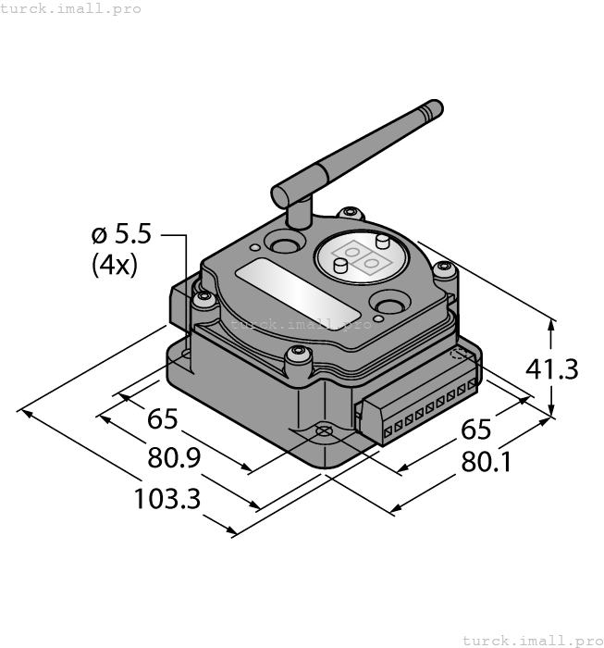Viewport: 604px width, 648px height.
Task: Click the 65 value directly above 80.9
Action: tap(163, 418)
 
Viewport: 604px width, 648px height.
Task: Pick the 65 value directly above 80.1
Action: tap(475, 430)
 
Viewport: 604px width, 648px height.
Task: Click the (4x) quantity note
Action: tap(114, 266)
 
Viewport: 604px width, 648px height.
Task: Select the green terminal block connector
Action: tap(418, 411)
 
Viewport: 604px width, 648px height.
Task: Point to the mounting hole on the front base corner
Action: tap(324, 431)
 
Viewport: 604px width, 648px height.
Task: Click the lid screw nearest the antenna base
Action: tap(348, 214)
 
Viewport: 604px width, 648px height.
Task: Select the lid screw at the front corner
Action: tap(297, 353)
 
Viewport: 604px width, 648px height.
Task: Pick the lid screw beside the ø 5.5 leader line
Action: tap(203, 298)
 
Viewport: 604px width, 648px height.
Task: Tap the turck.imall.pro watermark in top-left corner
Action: tap(71, 8)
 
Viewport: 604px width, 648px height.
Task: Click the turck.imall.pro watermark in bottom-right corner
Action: tap(531, 640)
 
